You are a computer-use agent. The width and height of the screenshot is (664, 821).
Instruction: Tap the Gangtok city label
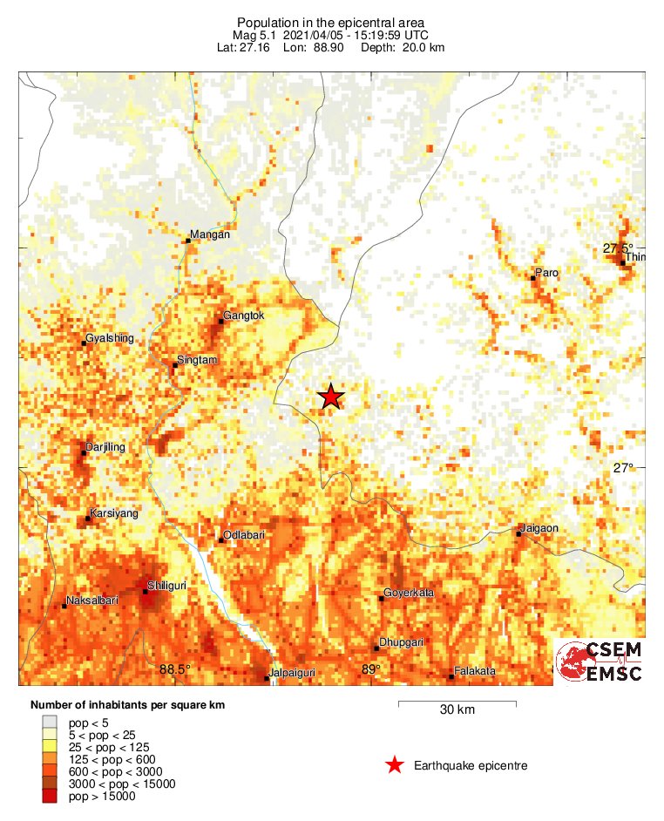[x=243, y=316]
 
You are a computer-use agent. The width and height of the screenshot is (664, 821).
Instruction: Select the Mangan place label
[x=211, y=235]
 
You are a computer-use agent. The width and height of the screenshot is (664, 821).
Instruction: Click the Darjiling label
[x=106, y=447]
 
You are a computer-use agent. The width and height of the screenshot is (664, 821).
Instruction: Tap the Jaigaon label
[x=539, y=528]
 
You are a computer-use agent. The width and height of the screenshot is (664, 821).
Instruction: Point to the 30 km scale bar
[x=457, y=702]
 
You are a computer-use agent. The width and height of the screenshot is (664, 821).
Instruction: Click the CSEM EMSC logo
[x=600, y=662]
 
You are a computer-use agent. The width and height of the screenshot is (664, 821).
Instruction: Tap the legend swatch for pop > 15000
[x=52, y=796]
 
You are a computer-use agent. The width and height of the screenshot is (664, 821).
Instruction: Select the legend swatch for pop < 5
[x=52, y=723]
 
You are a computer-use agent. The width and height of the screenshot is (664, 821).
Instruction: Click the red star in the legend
[x=395, y=765]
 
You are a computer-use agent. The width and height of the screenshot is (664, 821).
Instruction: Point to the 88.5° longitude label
[x=175, y=669]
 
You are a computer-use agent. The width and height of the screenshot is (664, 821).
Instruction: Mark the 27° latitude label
[x=623, y=468]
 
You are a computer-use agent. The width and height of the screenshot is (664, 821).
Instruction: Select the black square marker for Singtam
[x=174, y=365]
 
